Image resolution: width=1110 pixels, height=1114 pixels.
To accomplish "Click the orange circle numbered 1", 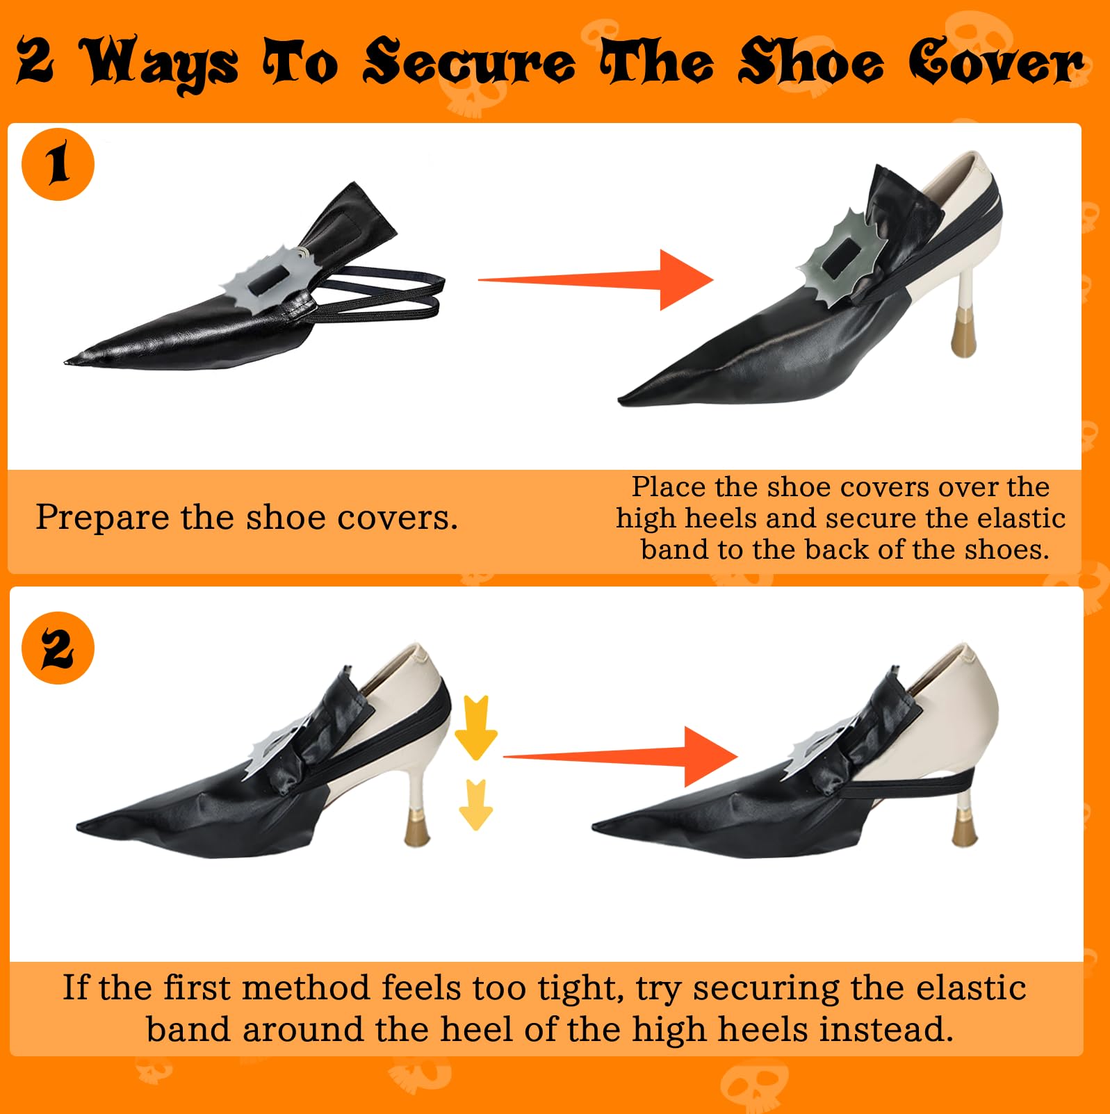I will (x=58, y=165).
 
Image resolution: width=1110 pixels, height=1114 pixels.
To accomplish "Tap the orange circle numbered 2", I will (x=58, y=648).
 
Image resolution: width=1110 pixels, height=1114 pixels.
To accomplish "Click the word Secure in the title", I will (x=469, y=63).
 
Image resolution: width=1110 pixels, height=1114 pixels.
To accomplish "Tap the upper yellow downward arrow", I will (x=475, y=727).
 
